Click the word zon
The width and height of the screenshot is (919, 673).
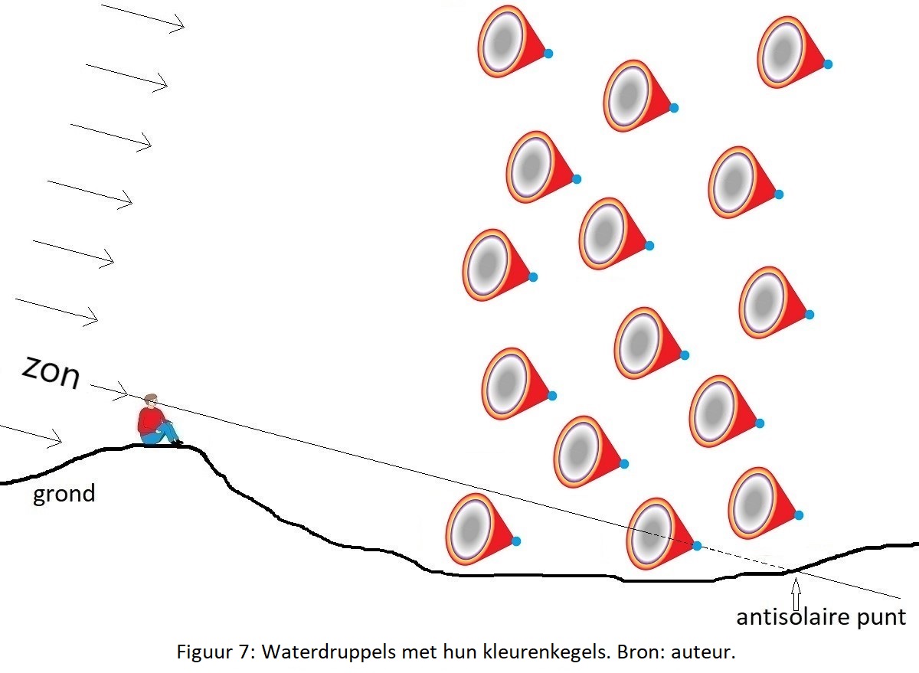(51, 373)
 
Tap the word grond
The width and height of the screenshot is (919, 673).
(64, 495)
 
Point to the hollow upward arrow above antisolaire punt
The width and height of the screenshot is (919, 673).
(796, 593)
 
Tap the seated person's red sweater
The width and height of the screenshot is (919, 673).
(149, 421)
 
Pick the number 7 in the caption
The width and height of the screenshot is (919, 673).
(244, 652)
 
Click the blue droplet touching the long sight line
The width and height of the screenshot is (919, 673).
(696, 546)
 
